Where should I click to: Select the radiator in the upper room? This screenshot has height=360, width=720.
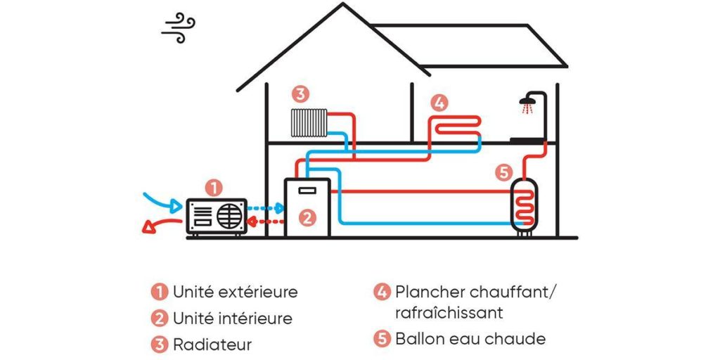[x=310, y=122]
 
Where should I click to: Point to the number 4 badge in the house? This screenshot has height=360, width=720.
[x=438, y=103]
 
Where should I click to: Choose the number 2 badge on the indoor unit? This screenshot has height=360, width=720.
[x=307, y=218]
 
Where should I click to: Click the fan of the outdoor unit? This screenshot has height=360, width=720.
[x=230, y=214]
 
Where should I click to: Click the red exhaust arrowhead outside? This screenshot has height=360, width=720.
[x=148, y=226]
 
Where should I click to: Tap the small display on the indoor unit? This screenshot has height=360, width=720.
[x=306, y=190]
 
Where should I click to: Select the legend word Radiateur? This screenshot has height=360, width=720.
[x=212, y=345]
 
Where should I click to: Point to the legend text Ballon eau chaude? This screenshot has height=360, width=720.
[x=470, y=339]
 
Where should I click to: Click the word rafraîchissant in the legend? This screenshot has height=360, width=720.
[x=449, y=311]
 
